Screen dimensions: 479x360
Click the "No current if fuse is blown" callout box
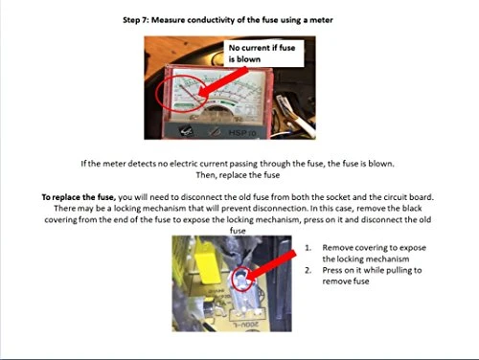point(263,54)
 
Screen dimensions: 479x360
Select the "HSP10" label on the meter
point(242,132)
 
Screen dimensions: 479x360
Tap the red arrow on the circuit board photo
point(271,265)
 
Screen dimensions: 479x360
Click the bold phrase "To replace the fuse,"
point(79,197)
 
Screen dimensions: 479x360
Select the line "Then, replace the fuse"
point(238,175)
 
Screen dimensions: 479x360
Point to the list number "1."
point(308,248)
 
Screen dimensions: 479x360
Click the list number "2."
point(308,270)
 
